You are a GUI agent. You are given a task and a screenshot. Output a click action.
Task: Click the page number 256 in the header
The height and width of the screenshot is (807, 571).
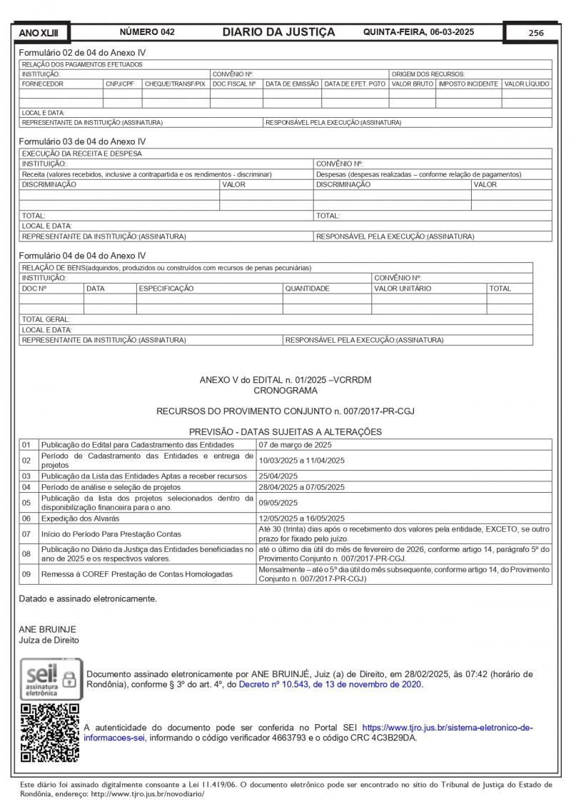pyautogui.click(x=535, y=33)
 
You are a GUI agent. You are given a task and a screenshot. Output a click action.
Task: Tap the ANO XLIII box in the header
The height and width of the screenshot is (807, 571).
pyautogui.click(x=34, y=33)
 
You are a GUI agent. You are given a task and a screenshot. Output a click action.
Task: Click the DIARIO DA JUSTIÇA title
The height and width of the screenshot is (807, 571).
pyautogui.click(x=278, y=32)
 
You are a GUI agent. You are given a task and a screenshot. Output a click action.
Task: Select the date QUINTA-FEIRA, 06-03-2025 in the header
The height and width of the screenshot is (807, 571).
pyautogui.click(x=418, y=32)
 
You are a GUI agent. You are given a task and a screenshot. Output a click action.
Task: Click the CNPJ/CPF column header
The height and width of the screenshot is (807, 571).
pyautogui.click(x=120, y=84)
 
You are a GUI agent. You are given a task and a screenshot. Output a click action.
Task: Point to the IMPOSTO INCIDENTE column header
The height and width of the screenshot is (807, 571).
pyautogui.click(x=468, y=84)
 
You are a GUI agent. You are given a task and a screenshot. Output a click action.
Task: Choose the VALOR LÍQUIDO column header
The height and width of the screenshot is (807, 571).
pyautogui.click(x=527, y=84)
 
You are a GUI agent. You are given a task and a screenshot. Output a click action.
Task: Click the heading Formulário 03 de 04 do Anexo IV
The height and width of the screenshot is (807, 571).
pyautogui.click(x=82, y=141)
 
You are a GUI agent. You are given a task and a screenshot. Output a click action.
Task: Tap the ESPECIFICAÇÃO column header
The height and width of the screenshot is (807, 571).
pyautogui.click(x=166, y=289)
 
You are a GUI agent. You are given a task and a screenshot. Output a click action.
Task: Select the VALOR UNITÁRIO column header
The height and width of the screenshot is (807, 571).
pyautogui.click(x=403, y=289)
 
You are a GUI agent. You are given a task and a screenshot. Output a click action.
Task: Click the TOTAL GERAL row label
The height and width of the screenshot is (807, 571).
pyautogui.click(x=46, y=319)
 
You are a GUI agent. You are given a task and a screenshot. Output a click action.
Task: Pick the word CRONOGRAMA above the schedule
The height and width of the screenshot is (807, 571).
pyautogui.click(x=285, y=391)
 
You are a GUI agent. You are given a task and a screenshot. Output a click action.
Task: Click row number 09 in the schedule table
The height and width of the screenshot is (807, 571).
pyautogui.click(x=26, y=573)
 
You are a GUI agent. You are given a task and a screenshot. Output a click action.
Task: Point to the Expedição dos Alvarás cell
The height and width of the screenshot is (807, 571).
pyautogui.click(x=80, y=518)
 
